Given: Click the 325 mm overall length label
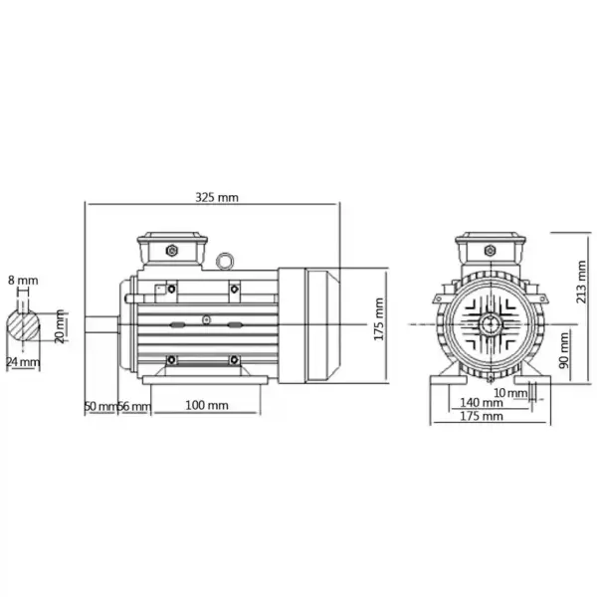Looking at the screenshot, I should coord(216,198).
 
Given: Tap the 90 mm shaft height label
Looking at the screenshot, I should coord(564,350).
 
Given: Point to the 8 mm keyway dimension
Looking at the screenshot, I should coord(21,281).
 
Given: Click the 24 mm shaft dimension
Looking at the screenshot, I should coord(23,362).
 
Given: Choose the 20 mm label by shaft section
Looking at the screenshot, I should coord(61,324).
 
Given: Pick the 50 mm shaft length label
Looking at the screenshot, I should coord(99,406).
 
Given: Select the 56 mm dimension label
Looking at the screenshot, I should coord(135,406).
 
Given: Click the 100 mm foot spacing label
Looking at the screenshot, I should coord(207,406).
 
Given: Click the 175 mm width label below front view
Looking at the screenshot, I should coord(482,417).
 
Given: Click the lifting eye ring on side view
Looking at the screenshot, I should coord(226,261).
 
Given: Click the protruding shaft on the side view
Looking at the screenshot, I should coord(102,323).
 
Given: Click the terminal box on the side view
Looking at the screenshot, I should coord(173,249).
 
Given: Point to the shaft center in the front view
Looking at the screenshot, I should coord(492,323).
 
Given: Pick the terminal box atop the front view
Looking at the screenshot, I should coord(492,249).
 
